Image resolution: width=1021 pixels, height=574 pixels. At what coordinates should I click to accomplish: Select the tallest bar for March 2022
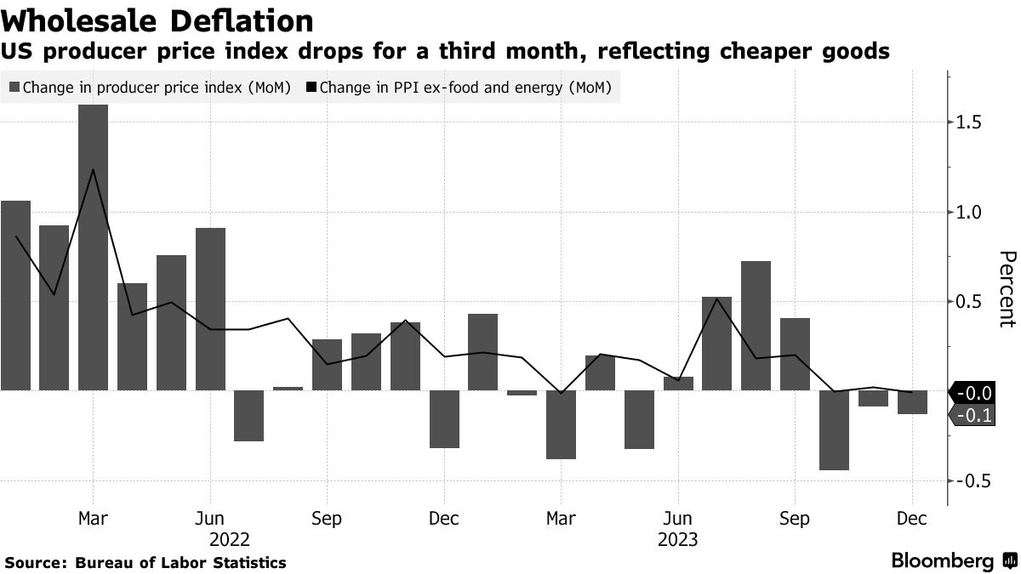click(x=93, y=247)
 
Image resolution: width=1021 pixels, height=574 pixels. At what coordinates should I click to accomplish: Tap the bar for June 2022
click(x=210, y=309)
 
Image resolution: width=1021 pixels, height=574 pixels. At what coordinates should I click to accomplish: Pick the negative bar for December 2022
click(x=444, y=419)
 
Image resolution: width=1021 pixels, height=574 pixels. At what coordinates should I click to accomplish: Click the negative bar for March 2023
click(x=561, y=424)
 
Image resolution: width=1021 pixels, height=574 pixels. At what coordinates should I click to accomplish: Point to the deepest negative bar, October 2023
click(x=834, y=430)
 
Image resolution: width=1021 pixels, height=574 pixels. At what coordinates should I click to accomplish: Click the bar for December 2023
click(x=912, y=402)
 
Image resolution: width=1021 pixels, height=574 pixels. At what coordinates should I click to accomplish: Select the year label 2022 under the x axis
click(x=229, y=539)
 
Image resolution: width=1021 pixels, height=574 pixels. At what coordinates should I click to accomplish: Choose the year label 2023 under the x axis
click(x=677, y=539)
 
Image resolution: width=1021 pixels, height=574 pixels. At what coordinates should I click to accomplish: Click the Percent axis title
click(x=1007, y=289)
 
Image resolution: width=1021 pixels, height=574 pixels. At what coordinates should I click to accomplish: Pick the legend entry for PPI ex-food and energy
click(x=465, y=87)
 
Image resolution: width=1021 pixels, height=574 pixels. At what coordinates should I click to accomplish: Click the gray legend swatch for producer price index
click(x=14, y=87)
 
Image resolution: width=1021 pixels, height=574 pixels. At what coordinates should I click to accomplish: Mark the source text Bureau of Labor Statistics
click(x=180, y=563)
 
